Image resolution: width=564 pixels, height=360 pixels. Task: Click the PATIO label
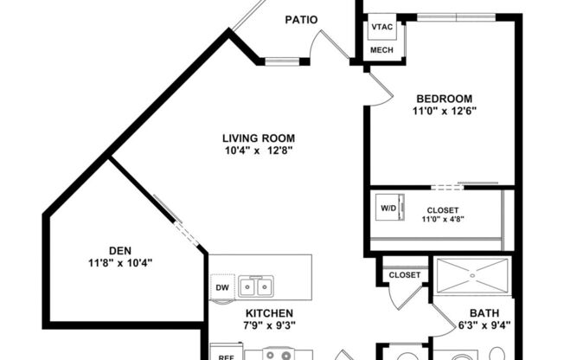point(301,20)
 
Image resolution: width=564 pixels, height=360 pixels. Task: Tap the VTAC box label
point(381,27)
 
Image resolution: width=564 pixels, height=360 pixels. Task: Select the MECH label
point(381,50)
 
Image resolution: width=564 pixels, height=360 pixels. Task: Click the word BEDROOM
point(444,98)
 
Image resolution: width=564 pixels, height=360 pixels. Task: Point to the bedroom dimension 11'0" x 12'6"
point(445,111)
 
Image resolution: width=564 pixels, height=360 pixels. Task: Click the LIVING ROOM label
point(259,138)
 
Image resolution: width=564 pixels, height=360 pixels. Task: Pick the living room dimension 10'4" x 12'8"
point(259,151)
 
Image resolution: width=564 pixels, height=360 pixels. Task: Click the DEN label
point(120,250)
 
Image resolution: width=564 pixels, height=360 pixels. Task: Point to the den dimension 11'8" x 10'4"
point(120,263)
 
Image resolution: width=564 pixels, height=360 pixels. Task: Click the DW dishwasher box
point(221,287)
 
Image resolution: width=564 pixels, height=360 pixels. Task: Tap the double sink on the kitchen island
point(256,286)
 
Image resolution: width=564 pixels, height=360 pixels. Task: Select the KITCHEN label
point(269,313)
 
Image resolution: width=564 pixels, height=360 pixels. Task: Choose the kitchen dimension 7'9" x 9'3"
point(269,326)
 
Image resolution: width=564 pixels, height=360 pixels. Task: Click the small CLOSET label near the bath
point(405,275)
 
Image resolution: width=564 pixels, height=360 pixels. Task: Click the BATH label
point(484,313)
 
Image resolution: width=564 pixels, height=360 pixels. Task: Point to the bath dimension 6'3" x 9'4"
point(484,326)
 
